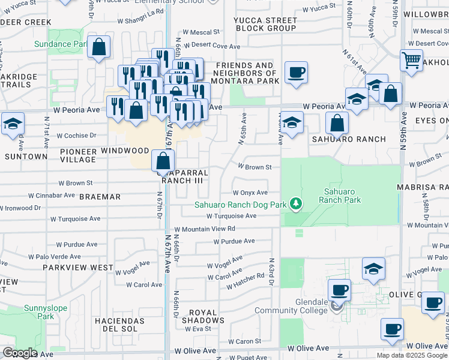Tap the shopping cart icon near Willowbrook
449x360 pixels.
coord(411,60)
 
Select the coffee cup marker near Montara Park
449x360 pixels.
coord(296,73)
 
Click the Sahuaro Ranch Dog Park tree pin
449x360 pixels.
coord(295,205)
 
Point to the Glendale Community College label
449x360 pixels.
coord(292,307)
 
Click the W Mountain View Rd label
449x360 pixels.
coord(205,229)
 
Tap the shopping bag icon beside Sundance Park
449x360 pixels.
coord(98,47)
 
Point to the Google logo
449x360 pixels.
coord(20,353)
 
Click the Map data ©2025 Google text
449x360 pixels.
coord(412,355)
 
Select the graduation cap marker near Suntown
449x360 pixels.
coord(13,124)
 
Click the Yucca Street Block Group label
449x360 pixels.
coord(265,24)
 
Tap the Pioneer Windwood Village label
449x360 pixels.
coord(104,155)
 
